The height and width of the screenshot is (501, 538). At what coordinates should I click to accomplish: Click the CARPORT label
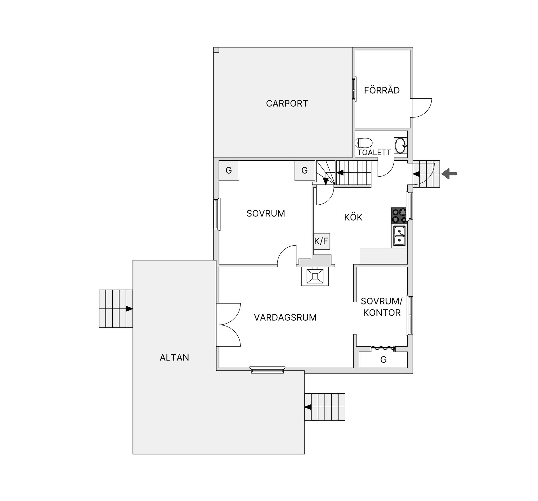point(287,103)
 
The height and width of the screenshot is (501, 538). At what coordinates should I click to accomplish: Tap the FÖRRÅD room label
point(382,90)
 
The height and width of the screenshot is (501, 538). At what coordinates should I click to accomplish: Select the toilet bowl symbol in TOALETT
point(363,143)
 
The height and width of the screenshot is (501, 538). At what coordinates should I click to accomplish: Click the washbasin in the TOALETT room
point(401,146)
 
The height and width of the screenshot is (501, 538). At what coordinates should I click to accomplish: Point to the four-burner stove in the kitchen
point(399,215)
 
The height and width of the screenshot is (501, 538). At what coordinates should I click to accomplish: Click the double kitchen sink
point(399,236)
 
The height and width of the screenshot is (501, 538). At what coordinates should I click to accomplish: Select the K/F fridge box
point(321,241)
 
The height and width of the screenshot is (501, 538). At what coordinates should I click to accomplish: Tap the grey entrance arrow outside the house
point(449,174)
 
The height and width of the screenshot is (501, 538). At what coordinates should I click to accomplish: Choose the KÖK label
point(353,217)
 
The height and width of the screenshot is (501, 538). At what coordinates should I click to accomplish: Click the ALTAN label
point(174,357)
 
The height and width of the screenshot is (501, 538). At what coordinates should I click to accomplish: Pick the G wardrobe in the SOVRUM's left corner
point(229,170)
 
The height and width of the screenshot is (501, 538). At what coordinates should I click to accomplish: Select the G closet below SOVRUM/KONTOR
point(383,360)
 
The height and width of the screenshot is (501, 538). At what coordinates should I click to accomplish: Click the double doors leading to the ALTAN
point(228,325)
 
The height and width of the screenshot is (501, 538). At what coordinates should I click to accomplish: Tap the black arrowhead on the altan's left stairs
point(129,309)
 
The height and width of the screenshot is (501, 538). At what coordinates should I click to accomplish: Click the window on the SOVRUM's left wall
point(217,214)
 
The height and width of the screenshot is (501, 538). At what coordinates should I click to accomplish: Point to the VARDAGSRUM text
point(285,317)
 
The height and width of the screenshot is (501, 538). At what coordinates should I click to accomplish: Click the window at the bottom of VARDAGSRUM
point(268,370)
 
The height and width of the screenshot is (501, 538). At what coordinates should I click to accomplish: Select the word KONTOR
point(382,313)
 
